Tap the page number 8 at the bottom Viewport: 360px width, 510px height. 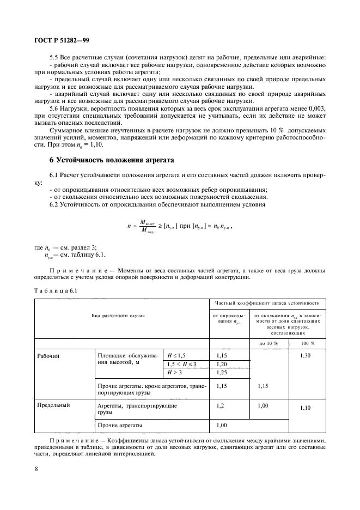tap(36, 467)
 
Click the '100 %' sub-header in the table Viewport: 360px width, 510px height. tap(307, 343)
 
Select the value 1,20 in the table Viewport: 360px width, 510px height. tap(221, 363)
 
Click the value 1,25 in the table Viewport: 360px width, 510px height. tap(221, 372)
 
